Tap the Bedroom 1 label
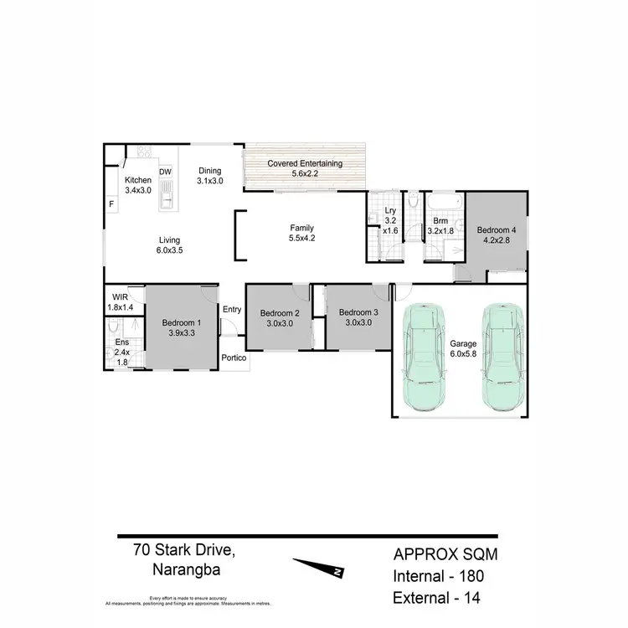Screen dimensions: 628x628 182,322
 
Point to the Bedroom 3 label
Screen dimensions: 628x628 358,312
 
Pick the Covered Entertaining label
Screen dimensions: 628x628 305,164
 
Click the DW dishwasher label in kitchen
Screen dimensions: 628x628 166,172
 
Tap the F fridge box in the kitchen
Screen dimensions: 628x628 111,203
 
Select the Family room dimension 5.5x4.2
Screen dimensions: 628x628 302,238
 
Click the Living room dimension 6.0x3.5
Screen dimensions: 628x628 169,250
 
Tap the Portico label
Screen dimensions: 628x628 234,358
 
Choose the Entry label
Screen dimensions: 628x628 232,310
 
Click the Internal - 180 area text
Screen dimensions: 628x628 439,576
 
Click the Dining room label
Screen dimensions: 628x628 210,171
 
